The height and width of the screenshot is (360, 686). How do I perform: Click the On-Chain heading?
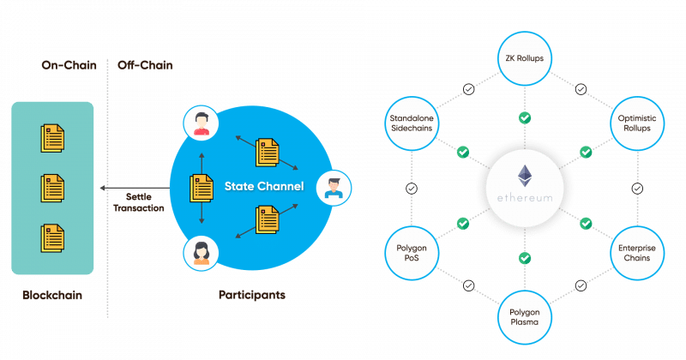(x=69, y=65)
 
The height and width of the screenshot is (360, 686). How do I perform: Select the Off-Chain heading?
(x=145, y=65)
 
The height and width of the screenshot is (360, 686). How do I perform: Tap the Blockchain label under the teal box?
(x=52, y=295)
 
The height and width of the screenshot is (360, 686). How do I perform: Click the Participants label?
(x=252, y=295)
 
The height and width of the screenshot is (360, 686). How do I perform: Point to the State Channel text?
(x=264, y=186)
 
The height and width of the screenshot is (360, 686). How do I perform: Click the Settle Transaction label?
(x=139, y=202)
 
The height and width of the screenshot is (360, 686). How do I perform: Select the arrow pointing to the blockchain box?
(x=135, y=188)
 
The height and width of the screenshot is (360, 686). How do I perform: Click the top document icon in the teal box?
(x=52, y=138)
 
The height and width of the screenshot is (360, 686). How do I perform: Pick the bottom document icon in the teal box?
(x=52, y=238)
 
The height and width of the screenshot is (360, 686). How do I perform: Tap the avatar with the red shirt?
(x=201, y=123)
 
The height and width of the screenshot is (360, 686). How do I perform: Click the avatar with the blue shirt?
(x=334, y=188)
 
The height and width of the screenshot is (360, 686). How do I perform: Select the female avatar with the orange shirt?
(x=201, y=253)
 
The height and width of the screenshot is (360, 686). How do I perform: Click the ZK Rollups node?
(x=525, y=58)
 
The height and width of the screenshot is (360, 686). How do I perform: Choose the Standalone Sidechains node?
(x=412, y=123)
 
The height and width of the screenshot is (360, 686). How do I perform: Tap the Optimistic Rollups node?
(x=637, y=123)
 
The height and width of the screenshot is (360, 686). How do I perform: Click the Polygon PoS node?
(x=412, y=253)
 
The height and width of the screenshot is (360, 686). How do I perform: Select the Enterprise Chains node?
(x=637, y=253)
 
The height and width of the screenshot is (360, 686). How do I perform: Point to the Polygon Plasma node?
(x=525, y=317)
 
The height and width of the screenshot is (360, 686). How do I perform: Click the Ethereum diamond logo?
(x=525, y=176)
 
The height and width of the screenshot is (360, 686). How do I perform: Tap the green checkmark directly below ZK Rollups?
(x=525, y=118)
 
